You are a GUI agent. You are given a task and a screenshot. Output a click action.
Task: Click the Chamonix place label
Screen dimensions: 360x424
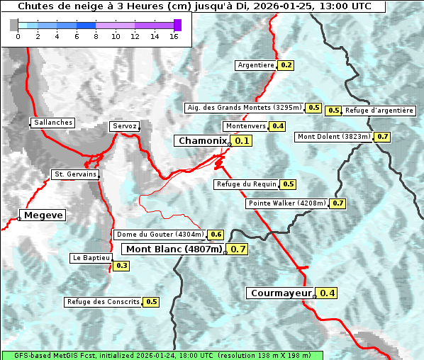point(203,141)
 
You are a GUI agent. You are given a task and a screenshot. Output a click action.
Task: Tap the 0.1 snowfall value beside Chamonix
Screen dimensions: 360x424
point(242,141)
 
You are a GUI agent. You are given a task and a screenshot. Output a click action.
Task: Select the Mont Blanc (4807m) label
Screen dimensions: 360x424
point(174,249)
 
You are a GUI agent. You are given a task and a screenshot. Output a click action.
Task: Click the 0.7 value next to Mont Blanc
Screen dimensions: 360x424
point(238,249)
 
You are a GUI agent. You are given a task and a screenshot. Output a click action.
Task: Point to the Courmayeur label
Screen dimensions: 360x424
point(281,293)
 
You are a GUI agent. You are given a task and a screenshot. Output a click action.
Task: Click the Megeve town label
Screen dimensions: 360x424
point(43,215)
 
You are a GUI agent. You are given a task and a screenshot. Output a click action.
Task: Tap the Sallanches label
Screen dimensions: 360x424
point(53,123)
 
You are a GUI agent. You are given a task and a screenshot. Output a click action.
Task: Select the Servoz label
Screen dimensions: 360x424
point(125,126)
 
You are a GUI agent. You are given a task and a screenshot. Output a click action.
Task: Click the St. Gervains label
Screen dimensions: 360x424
point(75,174)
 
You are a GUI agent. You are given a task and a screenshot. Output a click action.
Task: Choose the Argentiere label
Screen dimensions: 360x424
point(256,65)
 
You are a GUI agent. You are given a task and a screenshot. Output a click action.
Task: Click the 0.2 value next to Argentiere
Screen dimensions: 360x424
point(286,65)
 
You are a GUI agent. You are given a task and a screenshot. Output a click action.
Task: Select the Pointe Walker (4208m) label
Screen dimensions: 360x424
point(287,203)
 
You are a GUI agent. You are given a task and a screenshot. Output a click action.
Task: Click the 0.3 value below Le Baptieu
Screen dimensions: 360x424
point(121,266)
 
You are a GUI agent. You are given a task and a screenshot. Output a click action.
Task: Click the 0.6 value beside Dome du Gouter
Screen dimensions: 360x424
point(216,235)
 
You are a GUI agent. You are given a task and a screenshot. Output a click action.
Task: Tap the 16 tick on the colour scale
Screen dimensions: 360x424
point(174,36)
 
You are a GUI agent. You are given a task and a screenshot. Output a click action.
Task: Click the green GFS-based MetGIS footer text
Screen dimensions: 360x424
point(162,355)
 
